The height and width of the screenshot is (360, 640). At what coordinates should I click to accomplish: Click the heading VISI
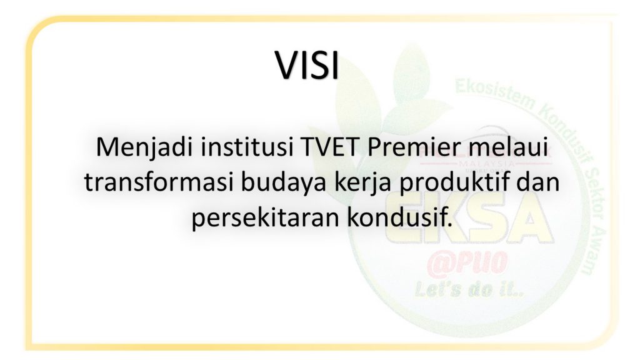[x=307, y=65]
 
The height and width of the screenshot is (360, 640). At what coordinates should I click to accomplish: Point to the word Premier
[x=414, y=147]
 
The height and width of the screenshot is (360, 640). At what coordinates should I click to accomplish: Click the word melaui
[x=507, y=147]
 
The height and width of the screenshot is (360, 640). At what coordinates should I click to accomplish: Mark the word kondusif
[x=400, y=217]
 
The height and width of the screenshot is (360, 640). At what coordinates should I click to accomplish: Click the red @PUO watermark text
[x=467, y=264]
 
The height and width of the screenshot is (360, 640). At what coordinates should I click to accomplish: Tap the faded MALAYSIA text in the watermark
[x=486, y=163]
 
